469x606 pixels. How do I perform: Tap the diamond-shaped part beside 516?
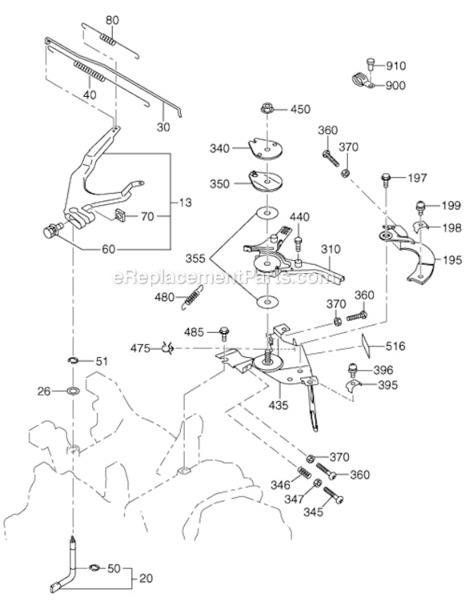366,345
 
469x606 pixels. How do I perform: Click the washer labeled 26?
72,391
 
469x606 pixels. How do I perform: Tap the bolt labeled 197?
387,179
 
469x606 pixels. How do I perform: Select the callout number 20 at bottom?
146,579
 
